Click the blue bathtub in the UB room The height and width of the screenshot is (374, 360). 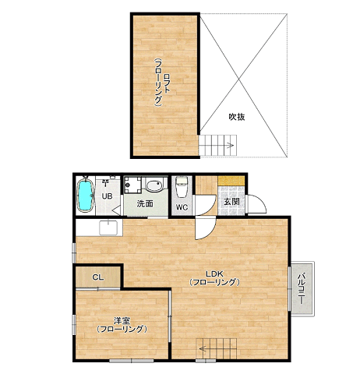84,194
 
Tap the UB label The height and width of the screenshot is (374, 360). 107,196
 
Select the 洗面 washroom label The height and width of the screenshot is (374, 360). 145,204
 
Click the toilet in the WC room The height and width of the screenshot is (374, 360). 182,187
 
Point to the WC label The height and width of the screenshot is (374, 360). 182,207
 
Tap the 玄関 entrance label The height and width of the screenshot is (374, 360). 231,202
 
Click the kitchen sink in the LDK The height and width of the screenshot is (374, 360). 108,228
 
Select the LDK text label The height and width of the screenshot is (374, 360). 214,273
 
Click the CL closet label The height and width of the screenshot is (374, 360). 98,277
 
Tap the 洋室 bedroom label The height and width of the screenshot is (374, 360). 122,321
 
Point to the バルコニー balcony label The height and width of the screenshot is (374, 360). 301,288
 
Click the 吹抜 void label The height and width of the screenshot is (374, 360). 237,117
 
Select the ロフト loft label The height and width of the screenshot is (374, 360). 166,83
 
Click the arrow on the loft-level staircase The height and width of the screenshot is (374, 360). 230,146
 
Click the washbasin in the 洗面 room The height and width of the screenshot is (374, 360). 154,185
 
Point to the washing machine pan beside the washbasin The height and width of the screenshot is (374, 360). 132,185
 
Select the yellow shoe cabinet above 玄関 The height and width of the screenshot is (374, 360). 231,181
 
